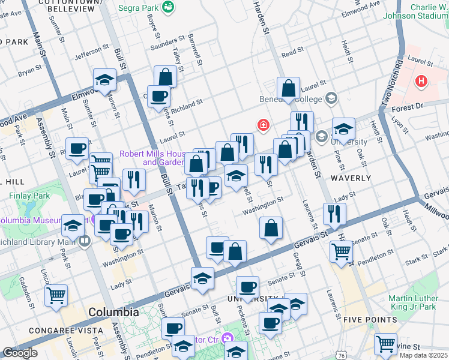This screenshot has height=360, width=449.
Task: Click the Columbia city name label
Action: [x=113, y=313]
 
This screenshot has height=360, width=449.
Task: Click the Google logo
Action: [x=20, y=353]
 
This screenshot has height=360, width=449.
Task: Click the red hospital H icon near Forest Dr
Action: [x=421, y=80]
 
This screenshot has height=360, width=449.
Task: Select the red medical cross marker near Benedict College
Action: [x=262, y=125]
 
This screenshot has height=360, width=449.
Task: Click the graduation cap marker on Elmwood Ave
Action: [x=104, y=80]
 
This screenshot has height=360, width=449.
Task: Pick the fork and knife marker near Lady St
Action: [x=334, y=213]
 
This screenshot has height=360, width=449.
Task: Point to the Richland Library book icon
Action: [x=83, y=242]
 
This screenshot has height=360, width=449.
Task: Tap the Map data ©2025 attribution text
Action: [x=422, y=355]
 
